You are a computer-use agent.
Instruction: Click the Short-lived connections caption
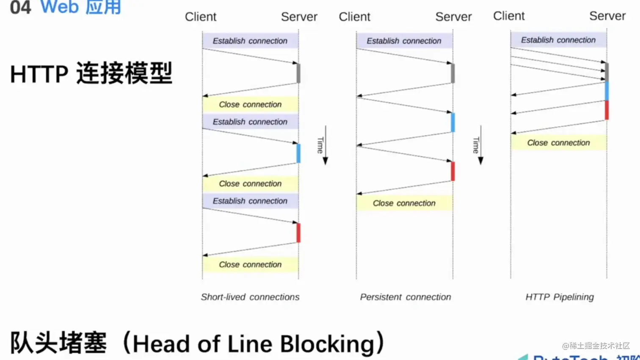[x=250, y=297]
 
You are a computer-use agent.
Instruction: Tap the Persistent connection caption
[x=405, y=297]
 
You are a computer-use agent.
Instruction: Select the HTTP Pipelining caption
[x=559, y=297]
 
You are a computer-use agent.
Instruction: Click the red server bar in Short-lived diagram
[x=298, y=233]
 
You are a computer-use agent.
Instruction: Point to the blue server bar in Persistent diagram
[x=453, y=122]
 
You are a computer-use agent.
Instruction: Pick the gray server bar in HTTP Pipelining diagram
[x=607, y=72]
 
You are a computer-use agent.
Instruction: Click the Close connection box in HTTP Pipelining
[x=558, y=143]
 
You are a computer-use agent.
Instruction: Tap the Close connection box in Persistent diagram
[x=404, y=203]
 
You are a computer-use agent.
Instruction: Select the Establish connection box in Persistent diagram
[x=404, y=41]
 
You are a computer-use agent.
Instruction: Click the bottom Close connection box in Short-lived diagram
[x=250, y=264]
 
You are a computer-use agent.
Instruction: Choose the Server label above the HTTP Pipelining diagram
[x=607, y=16]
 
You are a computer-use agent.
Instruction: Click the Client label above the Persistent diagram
[x=354, y=17]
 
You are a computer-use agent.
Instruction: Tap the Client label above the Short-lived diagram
[x=200, y=17]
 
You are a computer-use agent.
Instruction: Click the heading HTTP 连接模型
[x=91, y=73]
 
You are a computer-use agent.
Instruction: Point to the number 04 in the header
[x=20, y=7]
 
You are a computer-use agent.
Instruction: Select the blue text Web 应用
[x=80, y=7]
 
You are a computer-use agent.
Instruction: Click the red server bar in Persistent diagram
[x=453, y=171]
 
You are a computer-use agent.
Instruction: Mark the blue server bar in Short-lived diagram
[x=298, y=153]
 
